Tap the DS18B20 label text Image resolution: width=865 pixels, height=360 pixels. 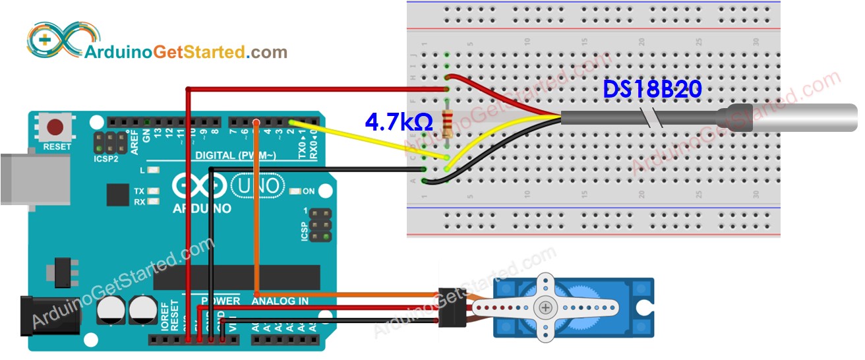652,90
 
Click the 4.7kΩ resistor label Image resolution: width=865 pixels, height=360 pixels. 399,121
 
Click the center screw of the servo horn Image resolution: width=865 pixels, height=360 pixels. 545,307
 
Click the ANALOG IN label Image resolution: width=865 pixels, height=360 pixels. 280,301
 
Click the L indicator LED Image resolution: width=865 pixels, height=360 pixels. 154,170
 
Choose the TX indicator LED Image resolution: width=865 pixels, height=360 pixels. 154,191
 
